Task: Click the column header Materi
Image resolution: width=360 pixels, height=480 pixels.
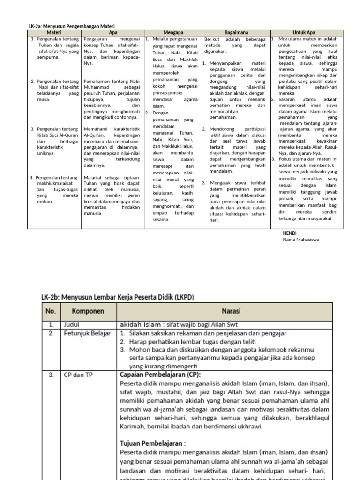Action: pos(54,33)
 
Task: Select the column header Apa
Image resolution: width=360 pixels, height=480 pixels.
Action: pos(113,33)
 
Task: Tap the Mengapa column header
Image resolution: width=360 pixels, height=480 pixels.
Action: pos(172,33)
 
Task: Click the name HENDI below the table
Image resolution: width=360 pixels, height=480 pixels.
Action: pos(290,233)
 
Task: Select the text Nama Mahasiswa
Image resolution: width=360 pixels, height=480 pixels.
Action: pos(301,240)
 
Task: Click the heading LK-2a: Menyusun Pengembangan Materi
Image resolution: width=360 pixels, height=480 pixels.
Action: pos(72,26)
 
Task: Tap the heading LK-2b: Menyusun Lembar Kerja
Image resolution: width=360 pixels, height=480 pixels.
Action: pos(118,297)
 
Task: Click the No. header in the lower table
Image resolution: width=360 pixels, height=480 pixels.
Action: pos(51,311)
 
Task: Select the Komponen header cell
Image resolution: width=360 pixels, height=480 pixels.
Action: pos(88,311)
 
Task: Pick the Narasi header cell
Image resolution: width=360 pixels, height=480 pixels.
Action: pos(224,311)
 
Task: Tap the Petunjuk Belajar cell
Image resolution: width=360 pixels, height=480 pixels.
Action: pos(87,333)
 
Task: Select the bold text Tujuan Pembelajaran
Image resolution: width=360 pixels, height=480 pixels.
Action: pos(153,443)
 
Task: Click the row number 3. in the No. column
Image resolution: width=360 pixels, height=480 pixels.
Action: pos(51,375)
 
